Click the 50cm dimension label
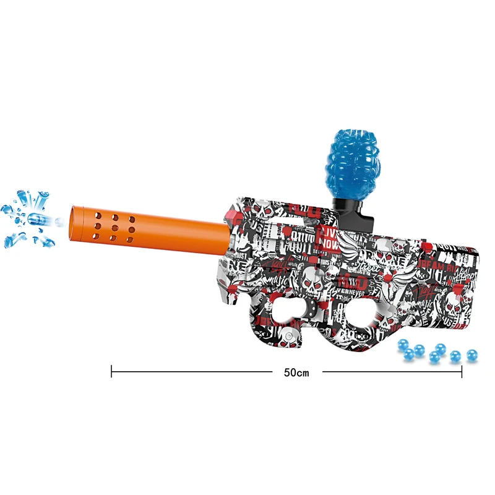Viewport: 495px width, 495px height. point(296,372)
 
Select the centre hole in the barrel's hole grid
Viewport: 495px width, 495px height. point(116,227)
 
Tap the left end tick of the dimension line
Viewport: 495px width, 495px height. point(112,371)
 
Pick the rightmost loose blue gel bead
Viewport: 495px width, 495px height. point(471,356)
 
